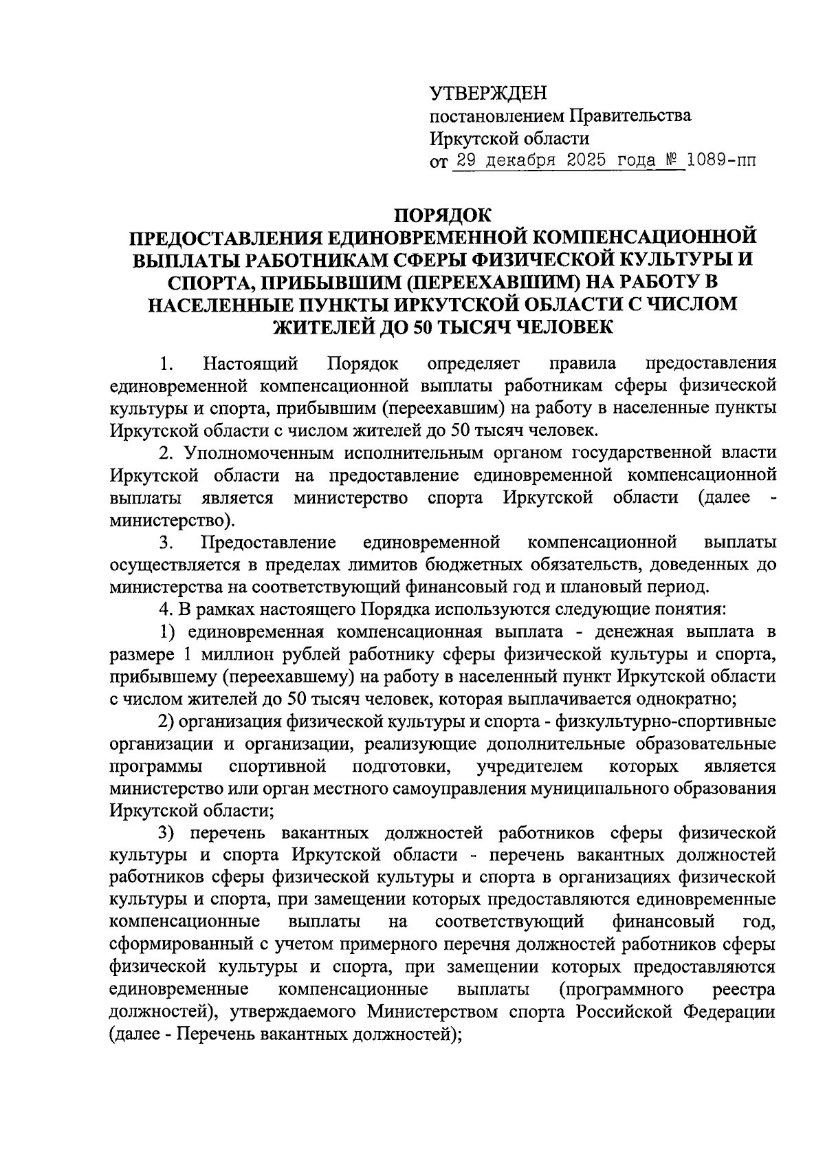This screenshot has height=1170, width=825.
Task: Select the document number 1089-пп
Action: (720, 162)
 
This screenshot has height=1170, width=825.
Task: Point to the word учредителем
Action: (529, 766)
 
